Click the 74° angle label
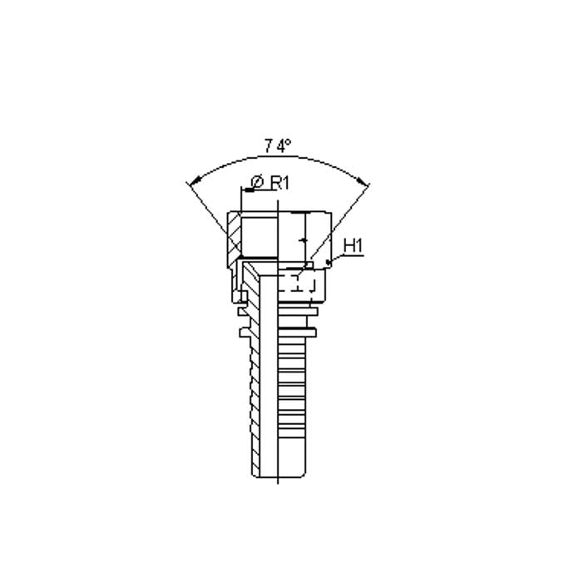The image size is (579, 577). tap(277, 146)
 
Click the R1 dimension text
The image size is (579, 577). tap(280, 183)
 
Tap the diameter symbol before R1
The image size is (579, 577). tap(257, 183)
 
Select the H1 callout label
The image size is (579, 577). tap(354, 246)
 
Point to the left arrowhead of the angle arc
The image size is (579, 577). tap(194, 181)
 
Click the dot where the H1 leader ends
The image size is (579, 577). tap(328, 262)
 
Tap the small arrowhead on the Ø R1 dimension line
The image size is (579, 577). tap(249, 190)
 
